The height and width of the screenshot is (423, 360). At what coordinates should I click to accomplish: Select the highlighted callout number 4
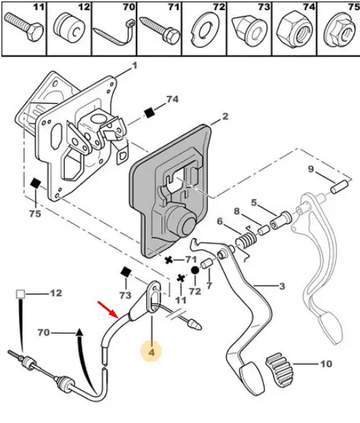pos(151,352)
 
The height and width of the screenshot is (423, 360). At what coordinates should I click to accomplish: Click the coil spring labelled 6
pos(246,240)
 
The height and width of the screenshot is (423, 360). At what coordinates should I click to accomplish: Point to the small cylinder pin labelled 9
pos(340,186)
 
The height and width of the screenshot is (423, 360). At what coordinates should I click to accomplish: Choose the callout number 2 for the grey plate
pos(225,116)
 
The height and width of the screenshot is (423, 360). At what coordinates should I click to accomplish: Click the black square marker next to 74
pos(149,113)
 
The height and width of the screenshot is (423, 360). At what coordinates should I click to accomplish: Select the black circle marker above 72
pos(195,270)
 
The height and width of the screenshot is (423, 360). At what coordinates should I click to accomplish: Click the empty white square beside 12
pos(20,294)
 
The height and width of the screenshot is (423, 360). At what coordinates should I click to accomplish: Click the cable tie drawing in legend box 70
pos(113,33)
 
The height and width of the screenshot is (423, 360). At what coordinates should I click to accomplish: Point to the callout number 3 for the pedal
pos(281,286)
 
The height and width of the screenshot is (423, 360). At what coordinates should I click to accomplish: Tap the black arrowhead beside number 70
pos(79,332)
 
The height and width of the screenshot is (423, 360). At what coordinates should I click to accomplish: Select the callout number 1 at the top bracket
pos(134,66)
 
